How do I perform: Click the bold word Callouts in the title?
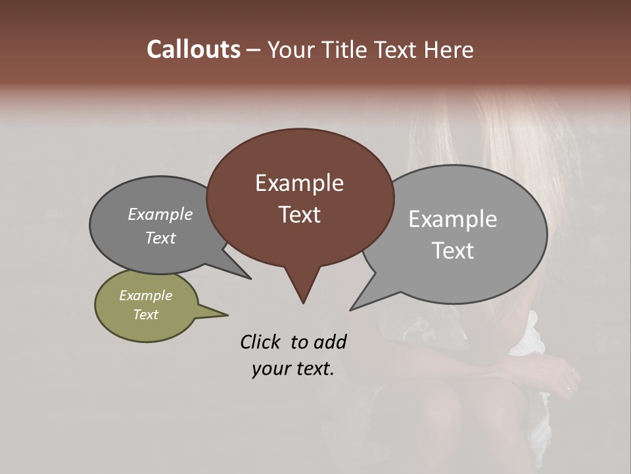coord(193,49)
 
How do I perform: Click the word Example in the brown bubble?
coord(299,183)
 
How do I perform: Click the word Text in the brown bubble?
coord(299,215)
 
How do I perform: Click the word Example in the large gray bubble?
coord(453,219)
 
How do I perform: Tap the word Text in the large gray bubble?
coord(453,251)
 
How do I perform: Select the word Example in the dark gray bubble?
coord(160,214)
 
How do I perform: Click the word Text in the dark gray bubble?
coord(160,238)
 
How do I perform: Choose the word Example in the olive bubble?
coord(145,296)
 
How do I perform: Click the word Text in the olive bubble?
coord(145,315)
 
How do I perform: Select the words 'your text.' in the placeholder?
coord(293,369)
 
